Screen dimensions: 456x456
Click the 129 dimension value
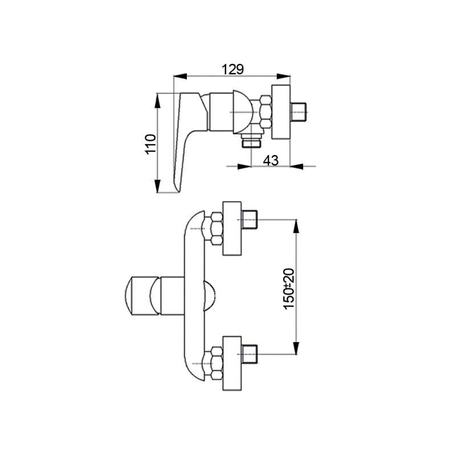coord(233,69)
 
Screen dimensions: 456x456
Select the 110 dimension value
coord(151,144)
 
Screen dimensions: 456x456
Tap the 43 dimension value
coord(271,160)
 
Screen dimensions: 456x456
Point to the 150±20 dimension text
coord(290,288)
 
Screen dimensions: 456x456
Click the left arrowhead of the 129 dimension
coord(180,76)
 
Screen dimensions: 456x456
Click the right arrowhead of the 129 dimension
coord(283,76)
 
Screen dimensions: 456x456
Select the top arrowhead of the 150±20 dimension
coord(296,226)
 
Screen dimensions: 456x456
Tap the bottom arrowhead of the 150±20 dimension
coord(296,348)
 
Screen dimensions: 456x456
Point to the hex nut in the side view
coord(266,112)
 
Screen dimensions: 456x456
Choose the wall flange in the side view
coord(281,112)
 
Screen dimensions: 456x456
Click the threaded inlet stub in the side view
coord(299,112)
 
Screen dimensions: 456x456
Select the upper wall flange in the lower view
coord(232,229)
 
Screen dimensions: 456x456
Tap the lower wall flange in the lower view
coord(232,363)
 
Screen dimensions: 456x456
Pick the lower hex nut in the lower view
coord(217,363)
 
